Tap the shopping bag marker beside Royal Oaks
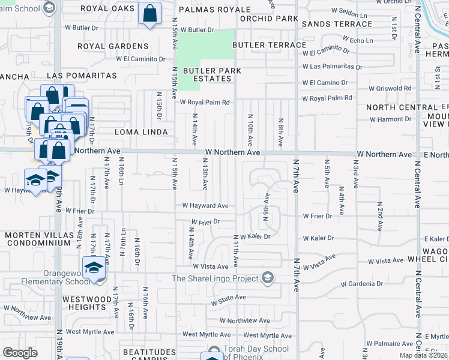[x=149, y=13]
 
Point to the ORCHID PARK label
[x=268, y=19]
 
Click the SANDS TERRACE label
[x=337, y=24]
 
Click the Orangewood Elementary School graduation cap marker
[x=93, y=268]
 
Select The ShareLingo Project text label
[x=214, y=278]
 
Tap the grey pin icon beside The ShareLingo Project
[x=268, y=278]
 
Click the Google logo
[x=20, y=352]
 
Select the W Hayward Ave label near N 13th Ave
[x=205, y=206]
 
